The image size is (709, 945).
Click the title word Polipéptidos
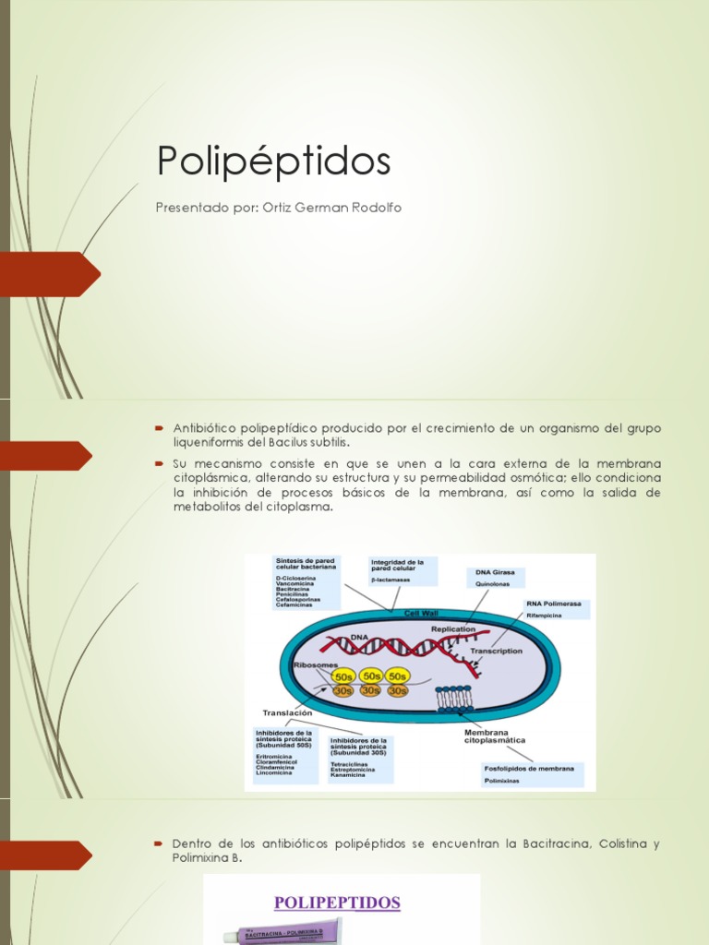click(x=274, y=161)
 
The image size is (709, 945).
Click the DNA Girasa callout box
click(x=495, y=578)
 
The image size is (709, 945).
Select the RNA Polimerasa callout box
click(x=557, y=609)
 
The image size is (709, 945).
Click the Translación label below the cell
click(x=287, y=712)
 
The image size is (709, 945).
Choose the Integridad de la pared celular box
click(x=402, y=570)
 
